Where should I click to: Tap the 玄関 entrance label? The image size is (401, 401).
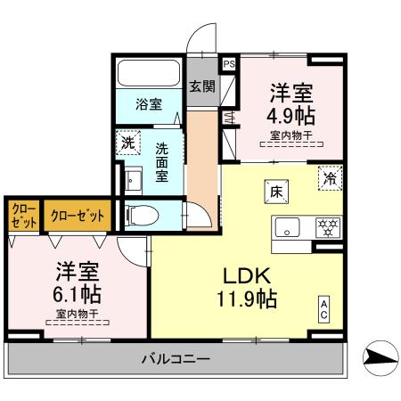[x=202, y=86]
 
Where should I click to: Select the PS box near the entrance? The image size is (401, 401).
[x=228, y=64]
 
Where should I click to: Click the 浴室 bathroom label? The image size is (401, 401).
[x=148, y=104]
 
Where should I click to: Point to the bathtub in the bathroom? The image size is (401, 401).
[x=150, y=73]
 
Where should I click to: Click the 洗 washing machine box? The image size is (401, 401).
[x=128, y=142]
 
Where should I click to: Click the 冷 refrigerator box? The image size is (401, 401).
[x=329, y=177]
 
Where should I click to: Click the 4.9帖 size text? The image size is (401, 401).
[x=291, y=116]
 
